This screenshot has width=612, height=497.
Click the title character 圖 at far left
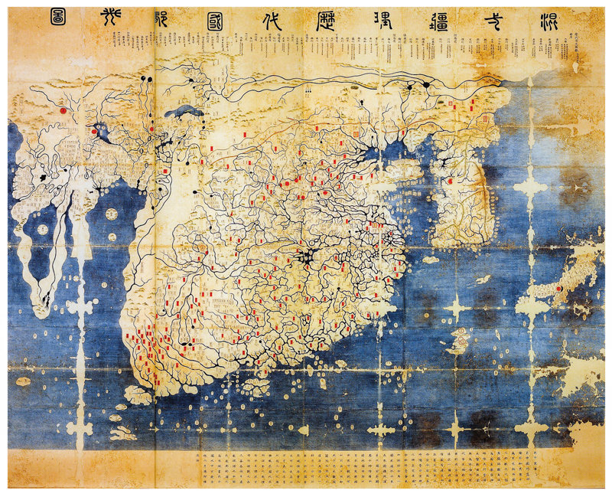[x=57, y=18]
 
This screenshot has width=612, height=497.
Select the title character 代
[x=272, y=19]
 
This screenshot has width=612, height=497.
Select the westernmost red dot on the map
[x=63, y=110]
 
